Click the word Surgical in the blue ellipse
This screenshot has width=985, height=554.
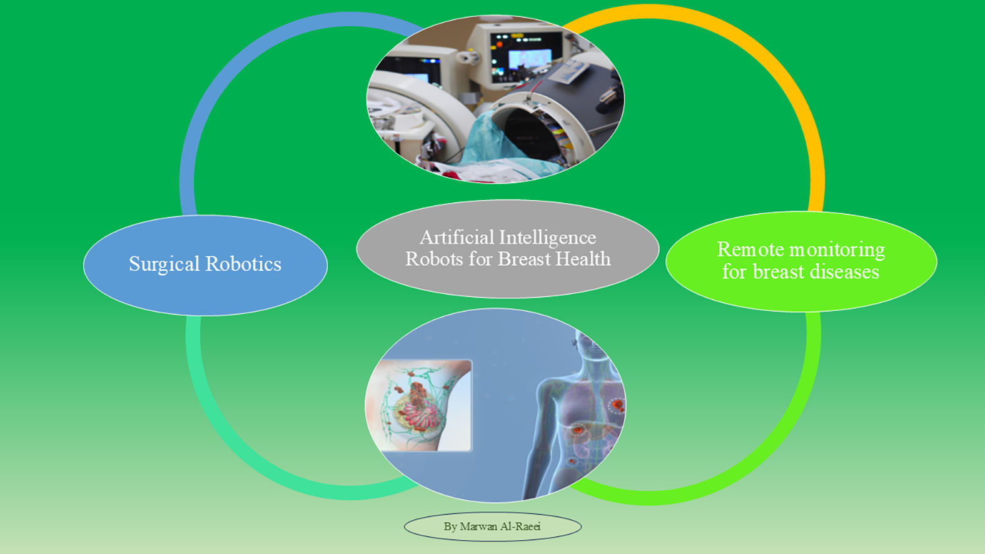(x=164, y=264)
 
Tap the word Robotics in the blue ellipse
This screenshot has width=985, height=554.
(x=243, y=264)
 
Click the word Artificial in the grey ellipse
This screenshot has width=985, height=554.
(x=457, y=238)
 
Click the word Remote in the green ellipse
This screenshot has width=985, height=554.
(x=750, y=249)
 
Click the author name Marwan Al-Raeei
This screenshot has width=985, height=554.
(x=500, y=526)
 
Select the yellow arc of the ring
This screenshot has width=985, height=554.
(x=782, y=81)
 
